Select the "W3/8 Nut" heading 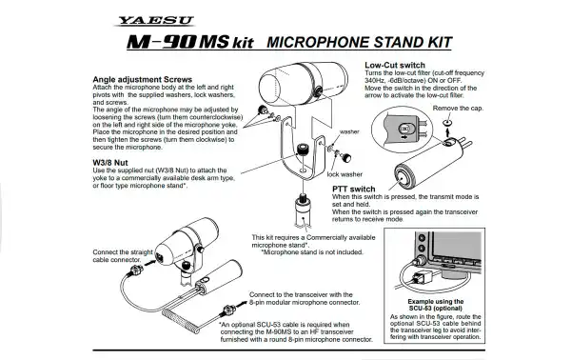click(x=111, y=161)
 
